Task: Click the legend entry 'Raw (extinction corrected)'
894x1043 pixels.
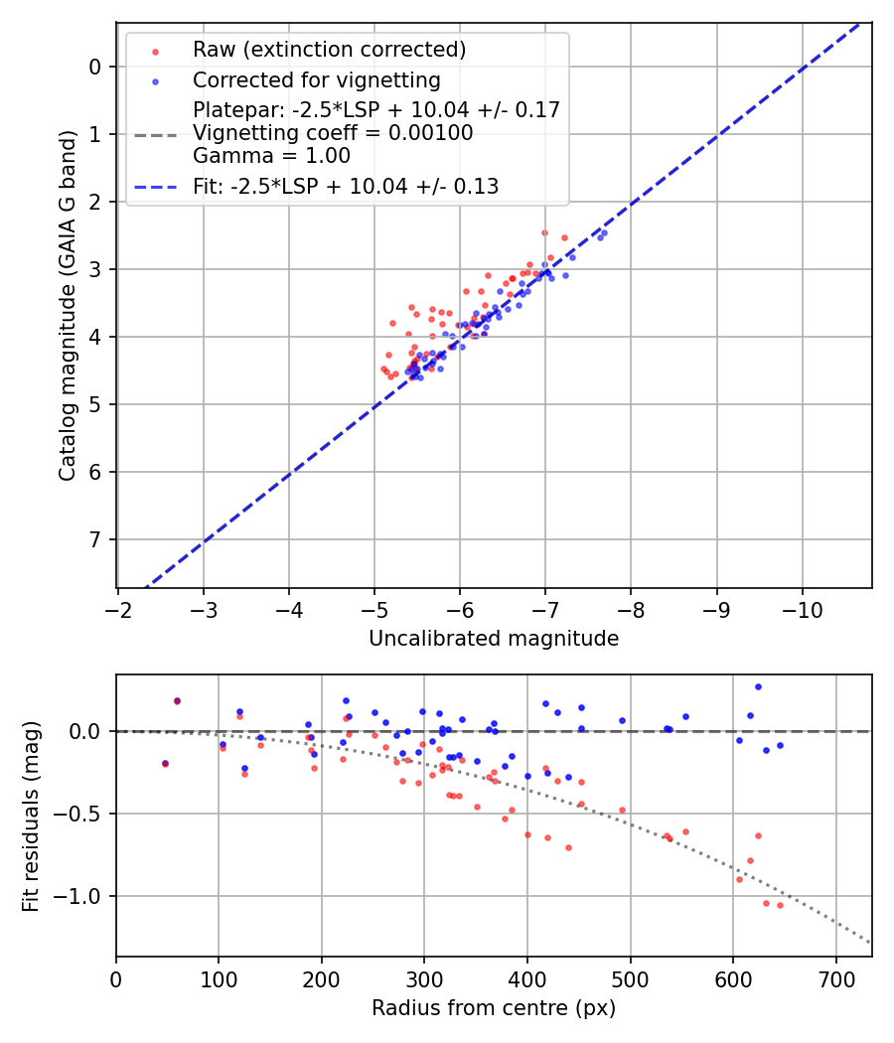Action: click(329, 50)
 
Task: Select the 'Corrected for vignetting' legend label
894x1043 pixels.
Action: click(317, 79)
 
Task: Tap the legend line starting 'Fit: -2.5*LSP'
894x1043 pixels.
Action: click(346, 186)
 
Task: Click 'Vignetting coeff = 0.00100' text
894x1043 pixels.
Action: click(333, 133)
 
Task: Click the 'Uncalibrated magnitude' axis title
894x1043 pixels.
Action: click(494, 639)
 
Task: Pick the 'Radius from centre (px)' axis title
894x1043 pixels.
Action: click(494, 1008)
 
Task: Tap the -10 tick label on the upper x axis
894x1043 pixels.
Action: click(803, 608)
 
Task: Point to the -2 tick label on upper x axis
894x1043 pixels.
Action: click(118, 608)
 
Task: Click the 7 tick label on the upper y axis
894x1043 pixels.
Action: click(95, 539)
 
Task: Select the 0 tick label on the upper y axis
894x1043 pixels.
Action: click(95, 67)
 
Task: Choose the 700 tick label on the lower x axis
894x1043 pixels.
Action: click(835, 977)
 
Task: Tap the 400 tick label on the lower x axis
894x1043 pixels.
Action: click(527, 977)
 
